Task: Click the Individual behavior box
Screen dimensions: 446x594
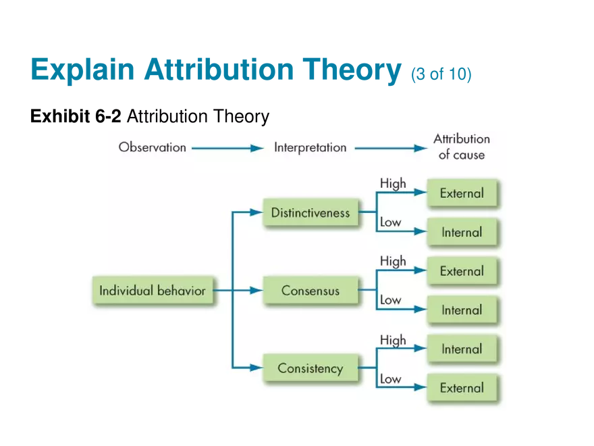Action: pyautogui.click(x=153, y=291)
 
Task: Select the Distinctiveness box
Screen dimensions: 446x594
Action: pyautogui.click(x=310, y=213)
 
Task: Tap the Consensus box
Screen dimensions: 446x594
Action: pyautogui.click(x=310, y=291)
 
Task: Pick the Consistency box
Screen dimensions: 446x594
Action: pyautogui.click(x=310, y=369)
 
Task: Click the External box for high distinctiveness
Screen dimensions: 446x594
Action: pyautogui.click(x=462, y=193)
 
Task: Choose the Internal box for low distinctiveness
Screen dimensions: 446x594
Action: pyautogui.click(x=462, y=232)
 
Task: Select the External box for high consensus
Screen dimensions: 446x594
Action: pyautogui.click(x=462, y=271)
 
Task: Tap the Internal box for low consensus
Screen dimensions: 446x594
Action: pyautogui.click(x=462, y=310)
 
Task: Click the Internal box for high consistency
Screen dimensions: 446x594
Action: pyautogui.click(x=462, y=349)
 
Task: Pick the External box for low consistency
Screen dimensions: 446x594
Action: pyautogui.click(x=462, y=388)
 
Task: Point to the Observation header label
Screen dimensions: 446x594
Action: pyautogui.click(x=153, y=147)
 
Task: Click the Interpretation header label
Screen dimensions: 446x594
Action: pyautogui.click(x=310, y=147)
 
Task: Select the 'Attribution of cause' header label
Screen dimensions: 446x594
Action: pyautogui.click(x=462, y=147)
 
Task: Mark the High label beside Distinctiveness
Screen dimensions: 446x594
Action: pyautogui.click(x=393, y=183)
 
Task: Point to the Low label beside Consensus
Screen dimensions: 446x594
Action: pyautogui.click(x=390, y=299)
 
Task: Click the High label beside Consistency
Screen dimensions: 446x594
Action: pyautogui.click(x=393, y=340)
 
